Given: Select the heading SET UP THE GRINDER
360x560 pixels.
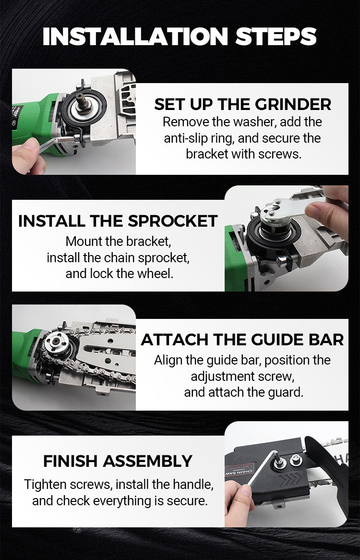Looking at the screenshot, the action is pyautogui.click(x=242, y=104).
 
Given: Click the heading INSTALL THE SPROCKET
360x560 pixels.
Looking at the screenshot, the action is pyautogui.click(x=118, y=221).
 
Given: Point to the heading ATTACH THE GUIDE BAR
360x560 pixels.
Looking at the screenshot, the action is pyautogui.click(x=242, y=340).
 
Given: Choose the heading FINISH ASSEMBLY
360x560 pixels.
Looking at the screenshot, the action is pyautogui.click(x=118, y=461).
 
